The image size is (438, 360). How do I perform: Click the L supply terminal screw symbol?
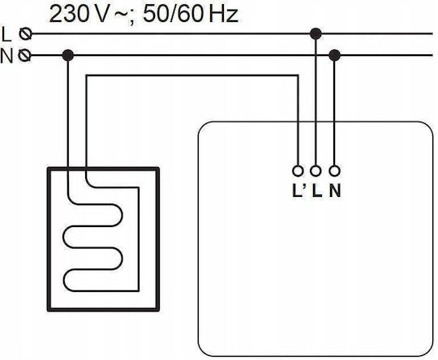25,34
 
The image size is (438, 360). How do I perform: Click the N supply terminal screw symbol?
24,55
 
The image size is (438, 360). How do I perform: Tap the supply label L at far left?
6,35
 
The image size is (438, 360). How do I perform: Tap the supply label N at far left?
6,56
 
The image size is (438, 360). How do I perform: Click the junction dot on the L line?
316,34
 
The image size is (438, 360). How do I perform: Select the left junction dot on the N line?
68,55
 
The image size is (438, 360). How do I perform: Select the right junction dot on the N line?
334,55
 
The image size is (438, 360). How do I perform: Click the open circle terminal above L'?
298,170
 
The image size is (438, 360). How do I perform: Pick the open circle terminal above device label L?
316,170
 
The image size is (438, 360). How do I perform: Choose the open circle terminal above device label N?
334,170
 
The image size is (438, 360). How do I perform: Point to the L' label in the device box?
298,191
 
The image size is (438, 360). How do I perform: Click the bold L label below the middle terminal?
317,191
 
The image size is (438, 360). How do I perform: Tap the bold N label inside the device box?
335,191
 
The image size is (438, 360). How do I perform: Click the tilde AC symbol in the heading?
121,14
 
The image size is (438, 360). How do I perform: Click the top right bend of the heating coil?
122,215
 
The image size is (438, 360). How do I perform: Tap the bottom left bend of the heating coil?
64,281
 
